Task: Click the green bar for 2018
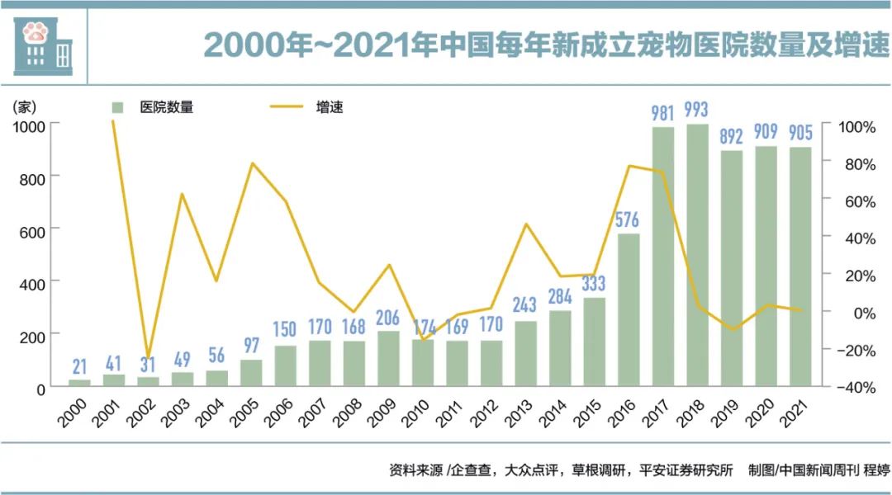697,256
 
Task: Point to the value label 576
629,219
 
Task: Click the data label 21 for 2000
79,365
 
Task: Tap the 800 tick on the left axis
30,177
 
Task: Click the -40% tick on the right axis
856,387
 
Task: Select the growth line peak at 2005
251,163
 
